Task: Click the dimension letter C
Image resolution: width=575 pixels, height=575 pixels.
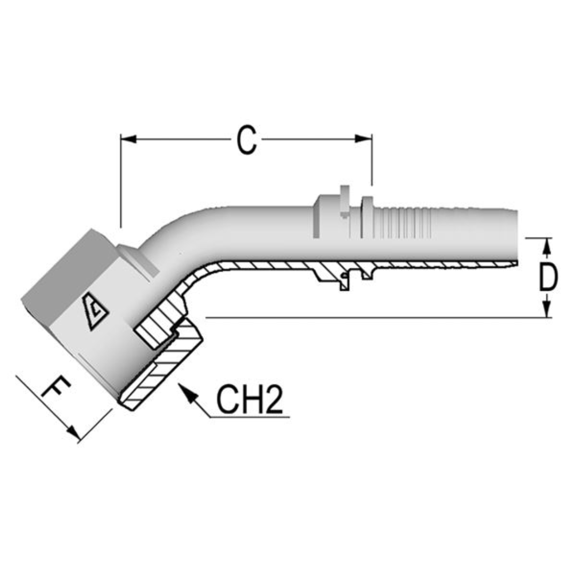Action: click(x=247, y=141)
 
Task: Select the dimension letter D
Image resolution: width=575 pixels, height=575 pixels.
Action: click(x=548, y=277)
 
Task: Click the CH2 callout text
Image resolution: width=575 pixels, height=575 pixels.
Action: click(x=249, y=400)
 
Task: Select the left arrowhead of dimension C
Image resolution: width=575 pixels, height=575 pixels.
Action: click(x=128, y=139)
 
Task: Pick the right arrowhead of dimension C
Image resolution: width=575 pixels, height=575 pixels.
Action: click(x=364, y=139)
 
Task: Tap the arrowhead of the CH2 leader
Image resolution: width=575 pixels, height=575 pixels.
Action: click(x=185, y=390)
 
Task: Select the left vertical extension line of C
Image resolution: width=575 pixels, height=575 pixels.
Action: click(x=121, y=181)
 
